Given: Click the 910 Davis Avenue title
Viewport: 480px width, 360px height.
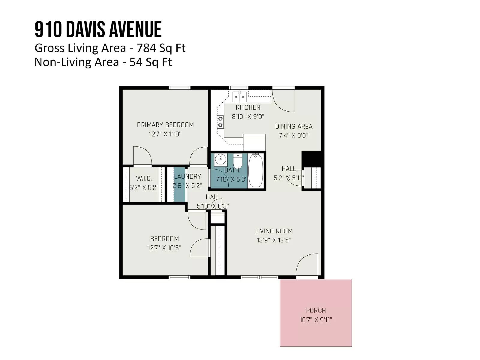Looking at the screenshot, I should (98, 29).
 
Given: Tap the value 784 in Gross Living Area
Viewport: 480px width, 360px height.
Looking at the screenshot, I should (145, 48).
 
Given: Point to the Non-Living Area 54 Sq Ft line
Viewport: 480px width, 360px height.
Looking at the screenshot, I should (103, 62).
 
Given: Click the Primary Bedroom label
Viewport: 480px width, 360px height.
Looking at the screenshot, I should (165, 125).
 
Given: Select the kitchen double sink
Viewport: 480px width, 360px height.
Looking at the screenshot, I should (239, 97).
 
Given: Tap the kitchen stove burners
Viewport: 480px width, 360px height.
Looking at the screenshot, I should (220, 122).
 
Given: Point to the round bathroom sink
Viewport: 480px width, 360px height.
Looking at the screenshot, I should (220, 159).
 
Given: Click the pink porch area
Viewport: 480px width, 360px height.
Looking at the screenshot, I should (316, 313).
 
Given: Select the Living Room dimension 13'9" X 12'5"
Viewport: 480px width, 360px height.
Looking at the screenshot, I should (274, 240).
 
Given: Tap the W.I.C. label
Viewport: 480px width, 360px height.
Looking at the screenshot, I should (144, 178).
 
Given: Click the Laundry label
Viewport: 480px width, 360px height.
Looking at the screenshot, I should (187, 176).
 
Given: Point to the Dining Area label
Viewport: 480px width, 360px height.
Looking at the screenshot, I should (294, 126).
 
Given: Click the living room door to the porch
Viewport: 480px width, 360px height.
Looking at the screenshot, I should (307, 265).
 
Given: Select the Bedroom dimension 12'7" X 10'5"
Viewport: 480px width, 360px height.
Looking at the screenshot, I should (164, 248).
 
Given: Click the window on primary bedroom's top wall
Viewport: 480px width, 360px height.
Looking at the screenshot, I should (179, 88).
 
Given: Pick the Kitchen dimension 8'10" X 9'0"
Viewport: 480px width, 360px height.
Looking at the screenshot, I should (248, 117).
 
